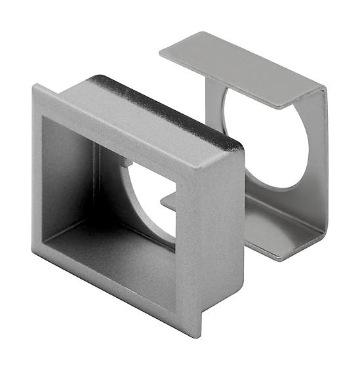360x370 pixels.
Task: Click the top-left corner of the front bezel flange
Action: (34, 86)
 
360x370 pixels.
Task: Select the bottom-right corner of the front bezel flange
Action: (198, 335)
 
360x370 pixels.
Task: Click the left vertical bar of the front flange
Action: (37, 171)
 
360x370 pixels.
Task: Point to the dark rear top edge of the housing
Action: (170, 105)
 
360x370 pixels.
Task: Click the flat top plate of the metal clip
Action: (243, 69)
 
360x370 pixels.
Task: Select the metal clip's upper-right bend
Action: (323, 92)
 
